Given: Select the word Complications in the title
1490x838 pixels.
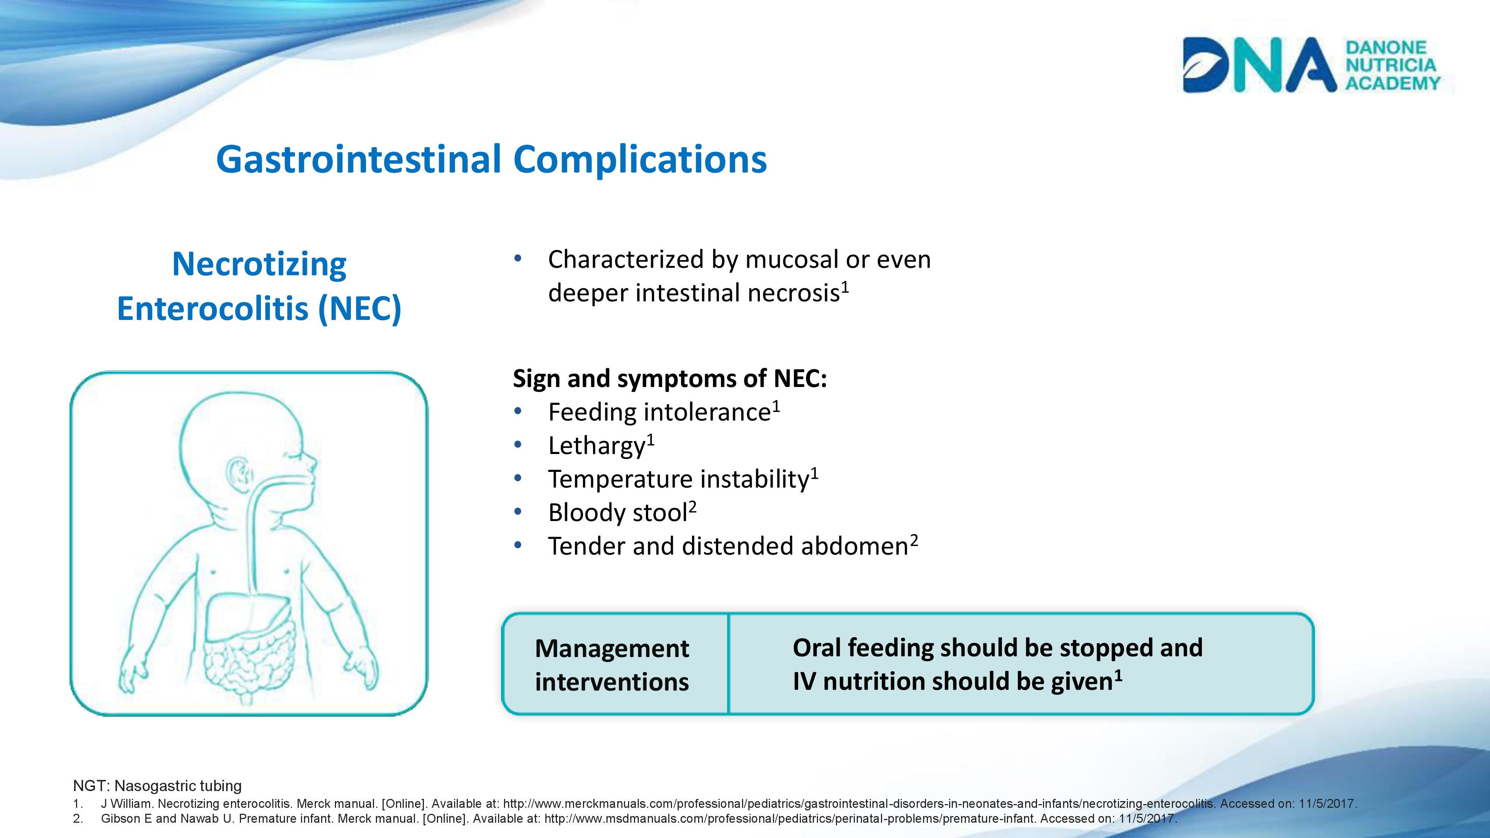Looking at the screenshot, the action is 640,160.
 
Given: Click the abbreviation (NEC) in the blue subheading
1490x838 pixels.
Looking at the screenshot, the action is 359,308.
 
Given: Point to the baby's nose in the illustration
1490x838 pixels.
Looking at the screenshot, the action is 313,462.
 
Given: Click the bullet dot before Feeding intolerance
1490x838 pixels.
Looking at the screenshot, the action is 518,412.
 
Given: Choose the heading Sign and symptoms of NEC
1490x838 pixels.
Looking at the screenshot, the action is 670,379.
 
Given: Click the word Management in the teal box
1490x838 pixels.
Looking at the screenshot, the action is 612,648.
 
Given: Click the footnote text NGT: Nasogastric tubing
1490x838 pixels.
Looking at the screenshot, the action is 157,786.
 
